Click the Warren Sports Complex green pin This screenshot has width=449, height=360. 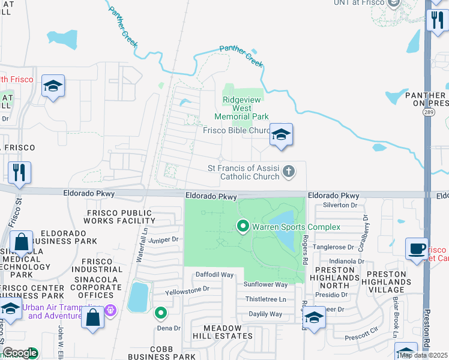[x=243, y=227]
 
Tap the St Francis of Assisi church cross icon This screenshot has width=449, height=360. [x=289, y=172]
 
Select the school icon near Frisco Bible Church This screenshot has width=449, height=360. [x=280, y=136]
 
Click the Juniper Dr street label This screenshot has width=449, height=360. [x=164, y=239]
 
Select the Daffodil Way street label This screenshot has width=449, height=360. [x=214, y=274]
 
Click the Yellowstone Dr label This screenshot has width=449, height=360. [x=187, y=288]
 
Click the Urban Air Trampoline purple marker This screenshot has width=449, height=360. [x=109, y=310]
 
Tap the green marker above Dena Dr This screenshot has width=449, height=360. [x=161, y=312]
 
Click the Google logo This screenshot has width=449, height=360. [x=20, y=353]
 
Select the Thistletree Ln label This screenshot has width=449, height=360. [x=265, y=299]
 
